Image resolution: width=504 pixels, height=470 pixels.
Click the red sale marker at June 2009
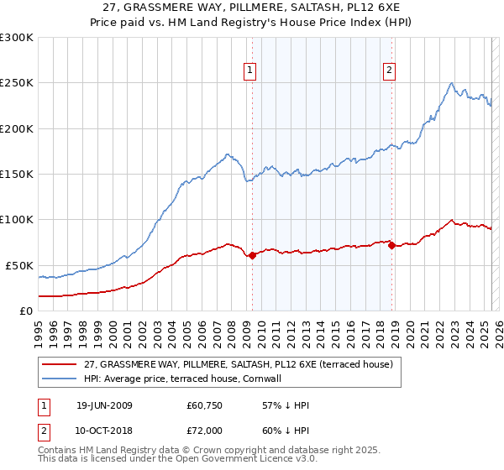[252, 255]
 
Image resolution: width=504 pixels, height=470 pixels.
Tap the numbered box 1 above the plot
[250, 71]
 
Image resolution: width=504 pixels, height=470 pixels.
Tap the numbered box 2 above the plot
[391, 71]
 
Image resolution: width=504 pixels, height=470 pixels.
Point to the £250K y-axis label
[17, 83]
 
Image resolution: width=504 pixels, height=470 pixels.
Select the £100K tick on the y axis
[17, 220]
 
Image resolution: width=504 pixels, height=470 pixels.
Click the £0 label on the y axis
[26, 311]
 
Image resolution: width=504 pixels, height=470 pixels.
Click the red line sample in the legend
[60, 365]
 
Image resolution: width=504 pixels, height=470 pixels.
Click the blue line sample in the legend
[60, 379]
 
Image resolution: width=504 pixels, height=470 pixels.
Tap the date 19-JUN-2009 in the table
[104, 405]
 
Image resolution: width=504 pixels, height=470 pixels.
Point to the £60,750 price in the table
[204, 405]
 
